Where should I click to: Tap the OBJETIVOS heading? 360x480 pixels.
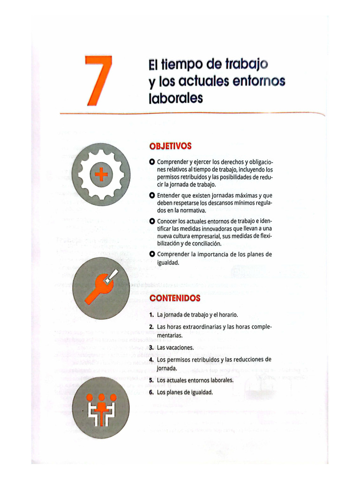point(170,146)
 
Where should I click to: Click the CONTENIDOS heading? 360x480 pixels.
point(174,298)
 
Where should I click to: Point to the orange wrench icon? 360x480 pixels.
point(100,287)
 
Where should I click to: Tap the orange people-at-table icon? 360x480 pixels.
point(101,407)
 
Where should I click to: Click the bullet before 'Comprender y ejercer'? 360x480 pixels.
point(151,162)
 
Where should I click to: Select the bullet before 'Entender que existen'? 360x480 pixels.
point(151,195)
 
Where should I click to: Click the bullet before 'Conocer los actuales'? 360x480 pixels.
point(151,221)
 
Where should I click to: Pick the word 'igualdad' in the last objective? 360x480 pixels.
point(168,262)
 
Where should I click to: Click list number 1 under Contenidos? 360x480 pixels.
point(151,315)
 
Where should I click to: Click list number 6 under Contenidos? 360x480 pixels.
point(151,392)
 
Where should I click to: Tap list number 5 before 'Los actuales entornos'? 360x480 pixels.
point(151,380)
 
